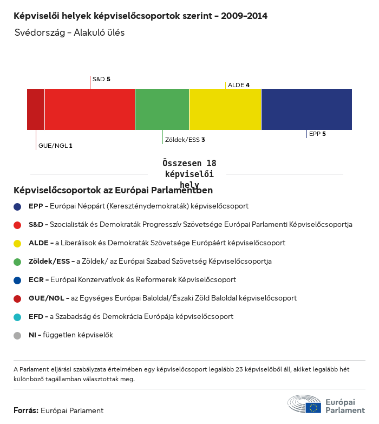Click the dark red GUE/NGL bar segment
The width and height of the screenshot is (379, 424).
[36, 109]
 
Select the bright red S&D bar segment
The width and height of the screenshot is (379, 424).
[90, 109]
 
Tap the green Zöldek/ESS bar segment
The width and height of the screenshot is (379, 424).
[162, 109]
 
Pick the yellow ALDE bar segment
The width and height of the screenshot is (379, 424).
[225, 109]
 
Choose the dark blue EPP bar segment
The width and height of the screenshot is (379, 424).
[306, 109]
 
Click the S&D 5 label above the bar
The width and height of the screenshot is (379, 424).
[101, 79]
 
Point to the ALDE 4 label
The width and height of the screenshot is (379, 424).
[239, 85]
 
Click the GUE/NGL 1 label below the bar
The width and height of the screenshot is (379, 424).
[55, 146]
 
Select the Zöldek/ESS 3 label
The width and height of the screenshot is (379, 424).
[185, 140]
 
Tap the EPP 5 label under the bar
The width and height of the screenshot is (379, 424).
[317, 133]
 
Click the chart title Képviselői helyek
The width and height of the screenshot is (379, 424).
[140, 16]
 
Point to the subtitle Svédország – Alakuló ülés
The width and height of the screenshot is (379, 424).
[70, 32]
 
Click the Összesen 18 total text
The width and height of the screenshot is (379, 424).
[189, 164]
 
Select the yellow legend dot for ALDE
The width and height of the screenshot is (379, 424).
[17, 243]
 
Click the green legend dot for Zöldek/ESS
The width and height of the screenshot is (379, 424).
[17, 262]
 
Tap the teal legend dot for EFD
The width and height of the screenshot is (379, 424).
[17, 317]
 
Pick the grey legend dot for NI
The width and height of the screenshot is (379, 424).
[17, 335]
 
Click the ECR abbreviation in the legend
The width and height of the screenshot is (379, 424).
[36, 280]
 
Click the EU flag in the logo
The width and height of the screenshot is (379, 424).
[313, 407]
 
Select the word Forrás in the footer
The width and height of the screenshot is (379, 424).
[25, 410]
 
